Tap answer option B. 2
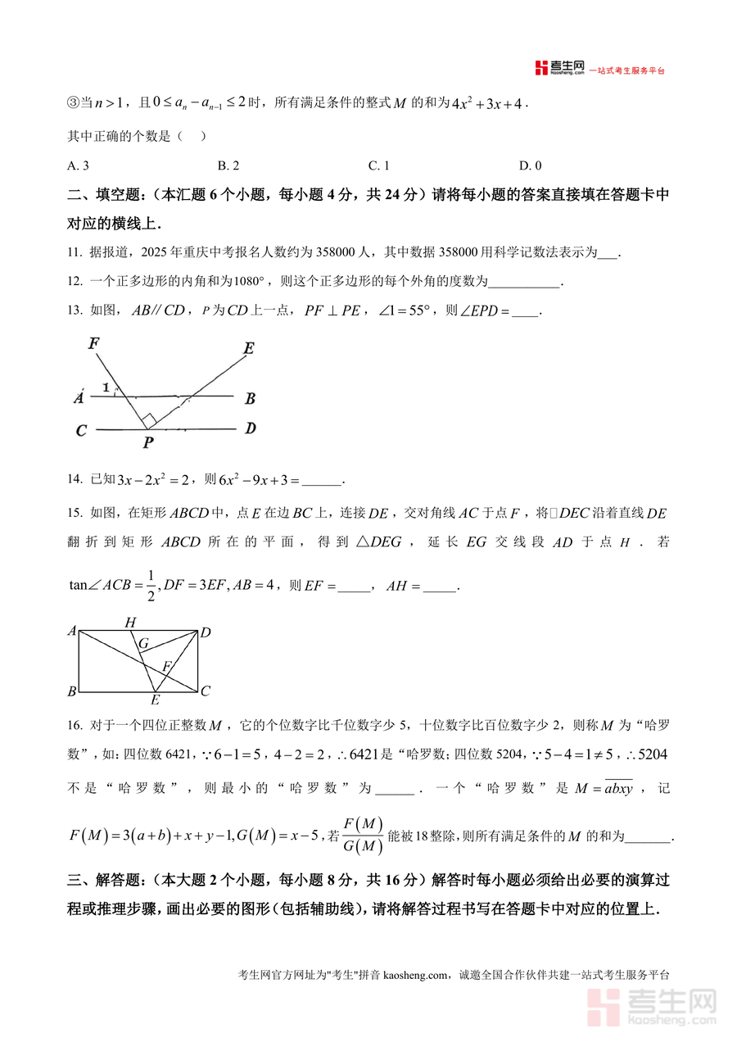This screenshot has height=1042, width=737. coord(228,165)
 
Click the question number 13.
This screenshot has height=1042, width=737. coord(75,310)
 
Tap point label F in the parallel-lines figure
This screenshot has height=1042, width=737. coord(94,343)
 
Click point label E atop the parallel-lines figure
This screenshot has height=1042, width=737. coord(248,349)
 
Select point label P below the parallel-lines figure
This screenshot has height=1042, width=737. coord(147,442)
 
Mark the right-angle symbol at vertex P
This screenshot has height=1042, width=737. coord(148,420)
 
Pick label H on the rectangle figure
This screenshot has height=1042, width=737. coord(130,623)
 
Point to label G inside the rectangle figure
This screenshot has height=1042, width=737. coord(143,644)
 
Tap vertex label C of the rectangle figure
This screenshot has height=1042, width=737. coord(206,691)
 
